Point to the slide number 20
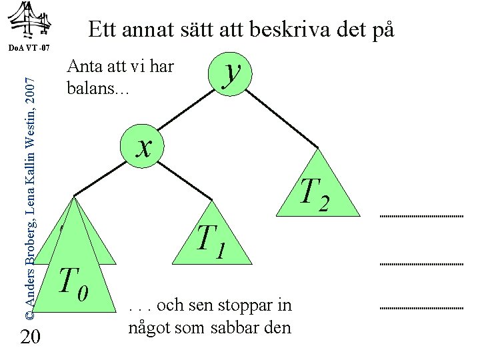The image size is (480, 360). coord(29,338)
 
